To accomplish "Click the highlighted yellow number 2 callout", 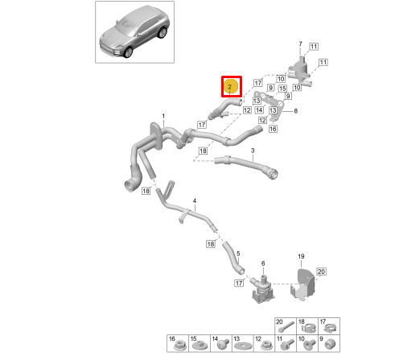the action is (x=231, y=86).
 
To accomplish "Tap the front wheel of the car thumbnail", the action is (x=128, y=52).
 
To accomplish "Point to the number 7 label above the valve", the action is (x=300, y=43).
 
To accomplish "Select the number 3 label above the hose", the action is (x=253, y=151).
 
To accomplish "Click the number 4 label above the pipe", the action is (x=195, y=201).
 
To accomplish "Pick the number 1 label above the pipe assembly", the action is (x=163, y=116).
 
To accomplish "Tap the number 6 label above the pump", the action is (x=263, y=263).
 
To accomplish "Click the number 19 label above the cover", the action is (x=301, y=256).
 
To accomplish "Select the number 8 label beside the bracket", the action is (x=295, y=111).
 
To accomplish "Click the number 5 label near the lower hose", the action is (x=238, y=254).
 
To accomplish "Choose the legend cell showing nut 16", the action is (x=178, y=343).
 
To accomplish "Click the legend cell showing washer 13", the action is (x=242, y=343).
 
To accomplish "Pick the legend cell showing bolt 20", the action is (x=286, y=326).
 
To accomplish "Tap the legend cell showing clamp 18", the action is (x=307, y=326).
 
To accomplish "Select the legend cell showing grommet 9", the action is (x=329, y=343).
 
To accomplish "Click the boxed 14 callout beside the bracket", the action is (x=259, y=110).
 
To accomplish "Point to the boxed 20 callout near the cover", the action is (x=321, y=271).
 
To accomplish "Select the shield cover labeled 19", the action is (x=302, y=284).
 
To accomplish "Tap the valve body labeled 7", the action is (x=299, y=71).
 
